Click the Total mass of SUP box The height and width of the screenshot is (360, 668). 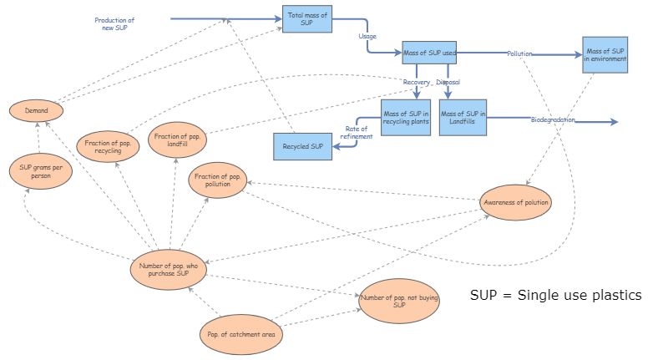tap(306, 18)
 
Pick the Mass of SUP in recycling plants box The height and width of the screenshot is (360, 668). tap(406, 118)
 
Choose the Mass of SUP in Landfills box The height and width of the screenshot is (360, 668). tap(463, 118)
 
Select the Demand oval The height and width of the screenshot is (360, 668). tap(36, 110)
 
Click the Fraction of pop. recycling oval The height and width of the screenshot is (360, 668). tap(103, 147)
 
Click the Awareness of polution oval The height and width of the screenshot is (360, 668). tap(516, 202)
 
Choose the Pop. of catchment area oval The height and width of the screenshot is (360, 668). tap(240, 336)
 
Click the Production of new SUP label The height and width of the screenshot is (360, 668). tap(114, 23)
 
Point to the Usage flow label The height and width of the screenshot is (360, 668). tap(367, 36)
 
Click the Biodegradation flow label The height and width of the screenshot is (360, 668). tap(554, 121)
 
